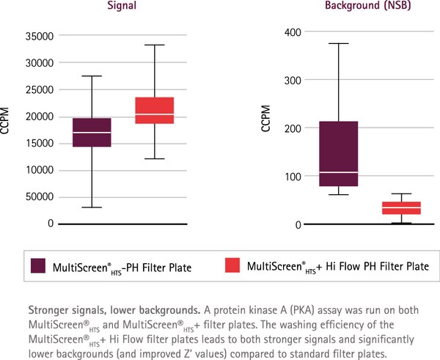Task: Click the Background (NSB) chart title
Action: (347, 7)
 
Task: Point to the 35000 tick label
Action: (39, 36)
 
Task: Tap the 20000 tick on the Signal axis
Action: (39, 117)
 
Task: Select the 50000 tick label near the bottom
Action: (39, 197)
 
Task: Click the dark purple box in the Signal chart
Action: (91, 132)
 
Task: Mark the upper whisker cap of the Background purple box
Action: (337, 43)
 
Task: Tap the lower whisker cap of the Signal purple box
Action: (91, 207)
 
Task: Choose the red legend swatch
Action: (233, 266)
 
